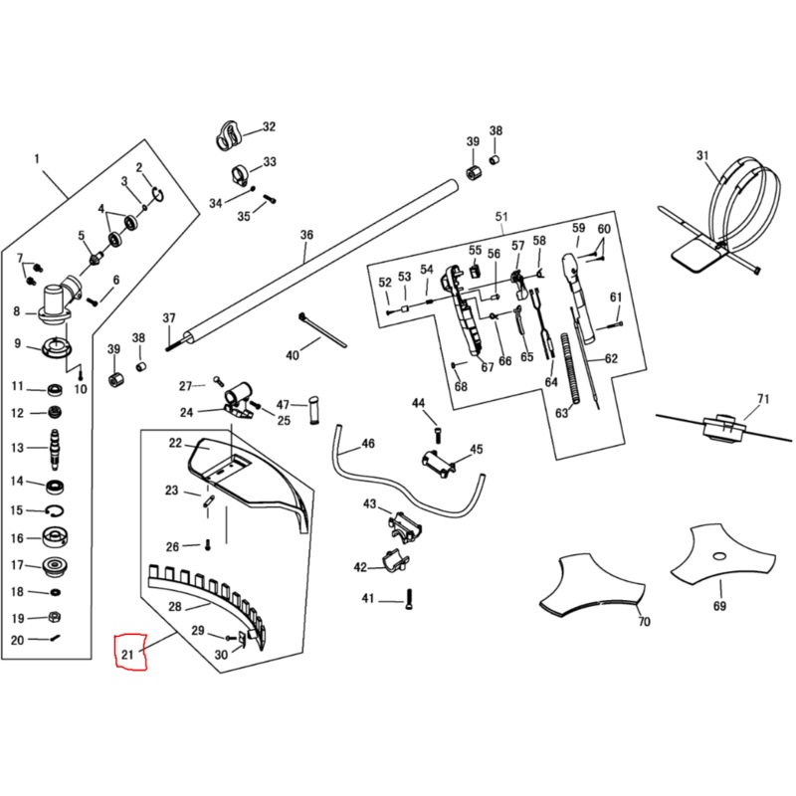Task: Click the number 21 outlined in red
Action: pyautogui.click(x=127, y=654)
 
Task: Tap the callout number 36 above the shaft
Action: pyautogui.click(x=306, y=235)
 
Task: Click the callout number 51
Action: pyautogui.click(x=501, y=217)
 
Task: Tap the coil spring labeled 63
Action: pyautogui.click(x=568, y=367)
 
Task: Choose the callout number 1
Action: pyautogui.click(x=37, y=159)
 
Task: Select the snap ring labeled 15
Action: pyautogui.click(x=56, y=510)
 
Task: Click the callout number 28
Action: pyautogui.click(x=174, y=606)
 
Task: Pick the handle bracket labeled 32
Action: pyautogui.click(x=231, y=132)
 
